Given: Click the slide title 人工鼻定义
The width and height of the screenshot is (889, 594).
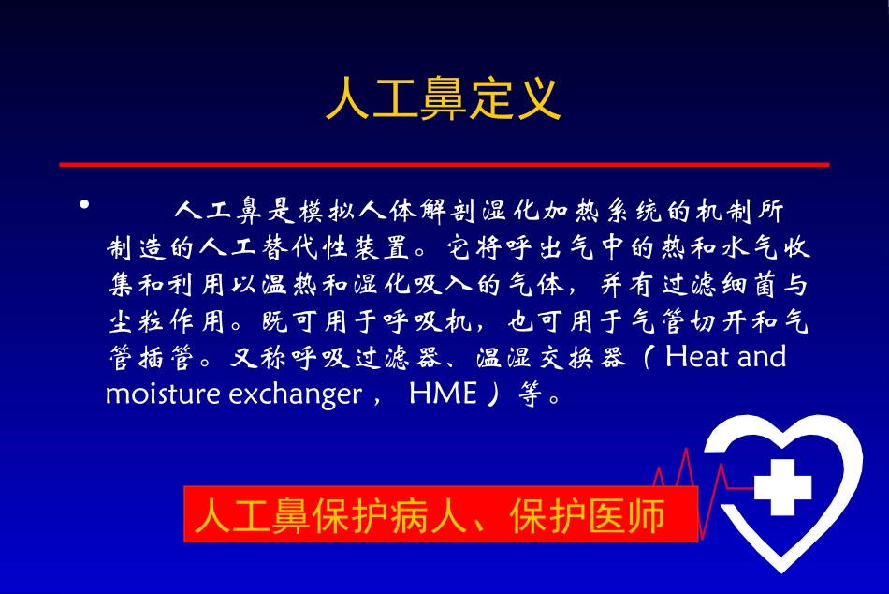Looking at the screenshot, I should (x=443, y=98).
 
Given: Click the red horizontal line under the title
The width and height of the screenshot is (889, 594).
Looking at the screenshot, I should (x=444, y=164).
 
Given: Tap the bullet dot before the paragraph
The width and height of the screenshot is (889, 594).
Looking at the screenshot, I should (x=84, y=204).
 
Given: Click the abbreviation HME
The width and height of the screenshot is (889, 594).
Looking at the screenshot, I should (x=443, y=394).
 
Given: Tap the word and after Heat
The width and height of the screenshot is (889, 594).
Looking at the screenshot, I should (x=760, y=357).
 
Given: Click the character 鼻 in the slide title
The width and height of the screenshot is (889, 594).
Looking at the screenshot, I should (x=443, y=98).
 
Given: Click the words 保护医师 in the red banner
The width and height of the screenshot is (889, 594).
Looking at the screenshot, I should (x=588, y=515).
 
